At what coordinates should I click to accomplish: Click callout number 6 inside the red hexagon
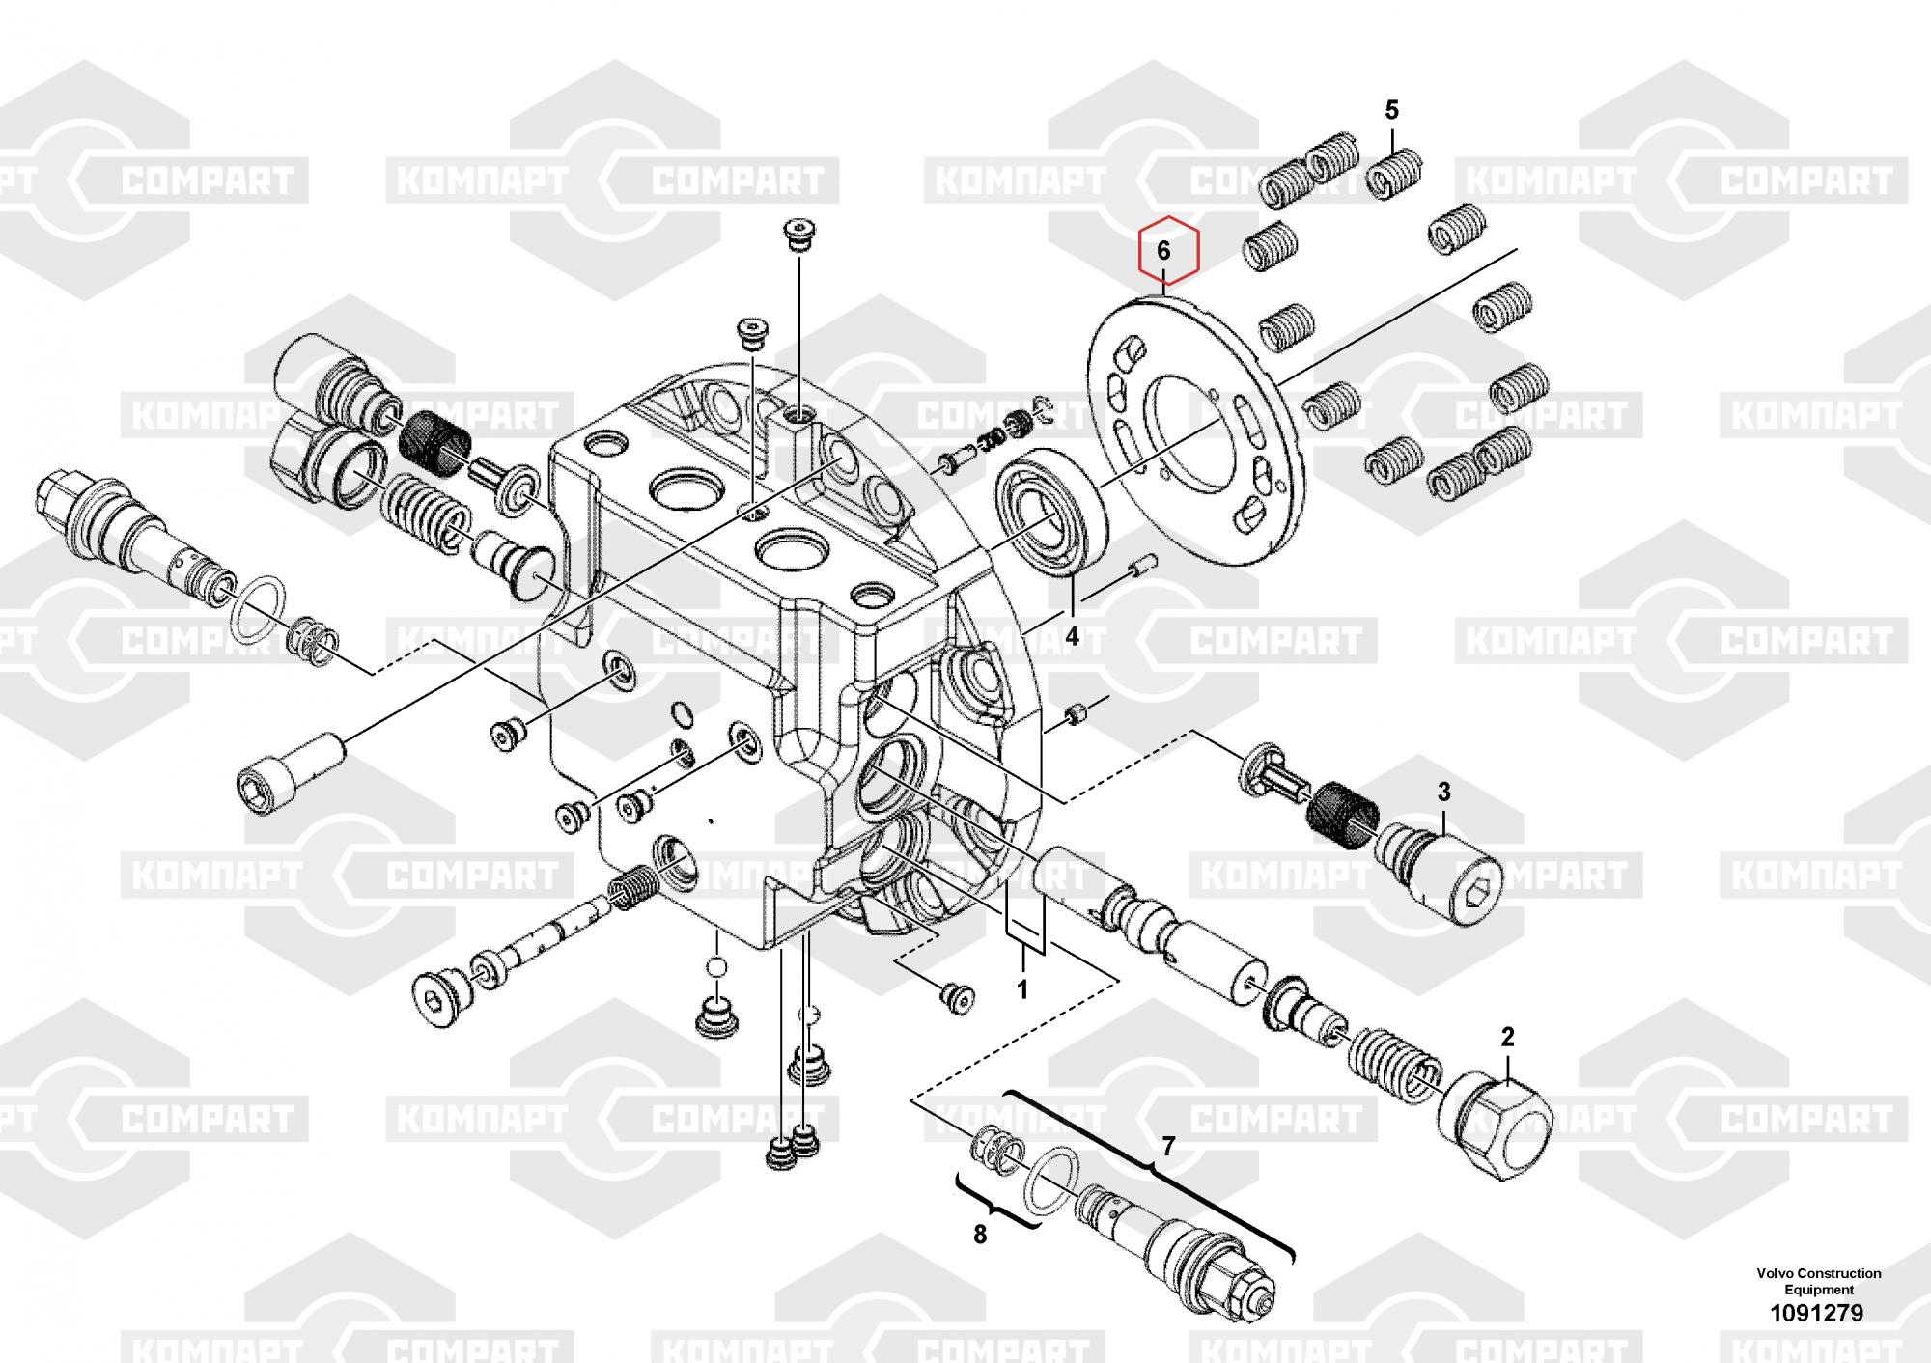pos(1163,251)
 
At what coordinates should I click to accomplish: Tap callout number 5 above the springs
pos(1391,110)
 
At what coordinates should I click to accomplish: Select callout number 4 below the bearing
pos(1072,637)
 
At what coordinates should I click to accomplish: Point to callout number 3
pos(1443,793)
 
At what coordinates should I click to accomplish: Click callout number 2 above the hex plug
pos(1507,1038)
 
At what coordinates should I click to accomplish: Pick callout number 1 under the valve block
pos(1021,989)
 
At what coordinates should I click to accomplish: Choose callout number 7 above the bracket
pos(1168,1147)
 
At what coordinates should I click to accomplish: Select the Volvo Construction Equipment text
pos(1818,1281)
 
